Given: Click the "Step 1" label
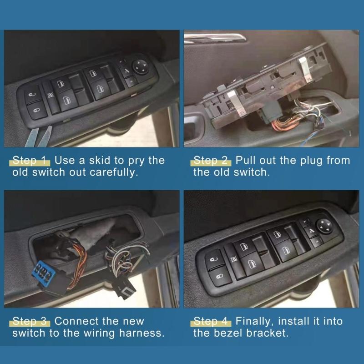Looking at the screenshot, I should tap(30, 160).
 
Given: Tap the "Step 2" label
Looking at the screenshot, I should tap(212, 160).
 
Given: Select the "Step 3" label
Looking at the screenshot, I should tap(30, 321).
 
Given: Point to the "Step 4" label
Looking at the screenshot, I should tap(212, 321).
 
